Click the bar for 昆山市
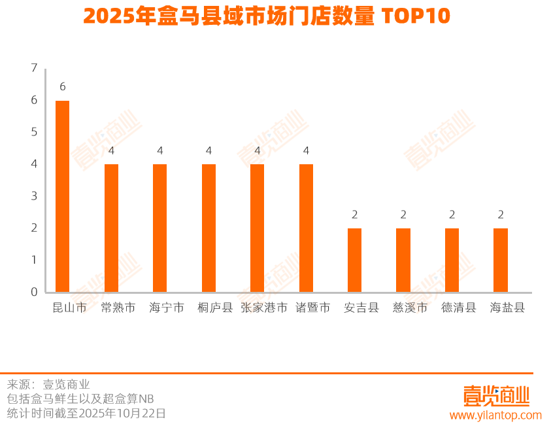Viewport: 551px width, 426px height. click(x=62, y=196)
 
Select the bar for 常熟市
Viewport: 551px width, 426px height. click(x=111, y=228)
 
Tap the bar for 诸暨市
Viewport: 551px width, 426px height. click(x=306, y=228)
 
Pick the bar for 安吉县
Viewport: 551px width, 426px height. click(x=354, y=260)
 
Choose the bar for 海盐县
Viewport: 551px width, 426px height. click(x=501, y=260)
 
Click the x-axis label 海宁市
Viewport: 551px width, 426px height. click(x=167, y=308)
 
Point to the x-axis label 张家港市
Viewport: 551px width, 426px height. click(x=264, y=308)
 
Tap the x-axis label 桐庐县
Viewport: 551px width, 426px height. click(x=215, y=308)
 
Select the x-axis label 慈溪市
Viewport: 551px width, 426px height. click(x=410, y=308)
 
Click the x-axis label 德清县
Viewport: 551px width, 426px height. click(x=458, y=308)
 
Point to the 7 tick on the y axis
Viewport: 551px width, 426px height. click(x=34, y=68)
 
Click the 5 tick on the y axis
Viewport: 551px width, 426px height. click(x=34, y=132)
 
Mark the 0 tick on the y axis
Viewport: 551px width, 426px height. click(x=34, y=292)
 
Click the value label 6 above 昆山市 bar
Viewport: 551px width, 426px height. click(x=63, y=86)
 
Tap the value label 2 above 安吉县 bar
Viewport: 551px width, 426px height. click(x=355, y=215)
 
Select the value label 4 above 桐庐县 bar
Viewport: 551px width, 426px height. click(x=209, y=151)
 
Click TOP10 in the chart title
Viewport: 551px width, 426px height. click(x=416, y=17)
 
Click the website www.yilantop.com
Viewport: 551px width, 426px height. click(x=495, y=415)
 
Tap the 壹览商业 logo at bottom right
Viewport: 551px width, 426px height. click(x=495, y=395)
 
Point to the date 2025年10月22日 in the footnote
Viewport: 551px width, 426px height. click(x=125, y=414)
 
